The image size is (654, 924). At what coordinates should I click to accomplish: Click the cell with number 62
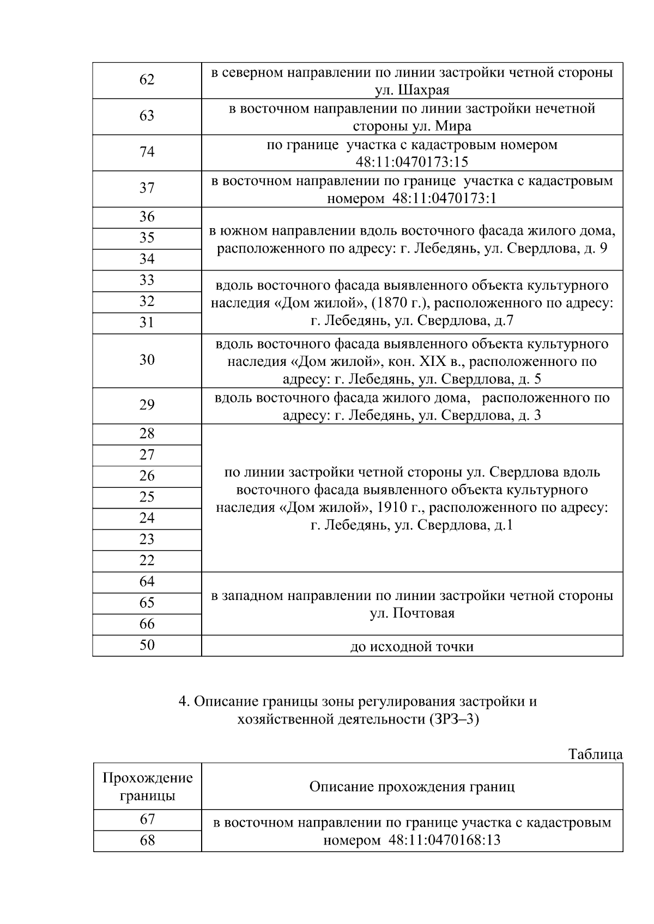point(147,80)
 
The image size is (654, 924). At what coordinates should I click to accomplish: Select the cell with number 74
point(147,152)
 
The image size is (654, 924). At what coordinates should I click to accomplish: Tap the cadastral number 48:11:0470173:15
point(411,162)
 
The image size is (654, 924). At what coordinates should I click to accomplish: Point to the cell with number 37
point(147,188)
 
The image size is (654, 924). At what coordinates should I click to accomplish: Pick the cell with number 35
point(147,238)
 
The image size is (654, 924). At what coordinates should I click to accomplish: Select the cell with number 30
point(147,360)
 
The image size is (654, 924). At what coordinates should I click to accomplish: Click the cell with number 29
point(147,405)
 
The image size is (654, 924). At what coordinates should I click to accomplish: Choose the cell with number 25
point(147,497)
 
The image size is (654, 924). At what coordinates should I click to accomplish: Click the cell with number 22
point(147,561)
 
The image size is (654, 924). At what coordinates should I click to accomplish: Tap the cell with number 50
point(147,645)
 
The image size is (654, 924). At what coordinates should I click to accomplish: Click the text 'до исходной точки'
point(411,647)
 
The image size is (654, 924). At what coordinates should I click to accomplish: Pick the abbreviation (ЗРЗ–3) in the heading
point(454,719)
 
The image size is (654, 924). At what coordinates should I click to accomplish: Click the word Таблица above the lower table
point(595,755)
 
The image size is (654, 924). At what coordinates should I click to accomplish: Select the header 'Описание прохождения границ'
point(411,787)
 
